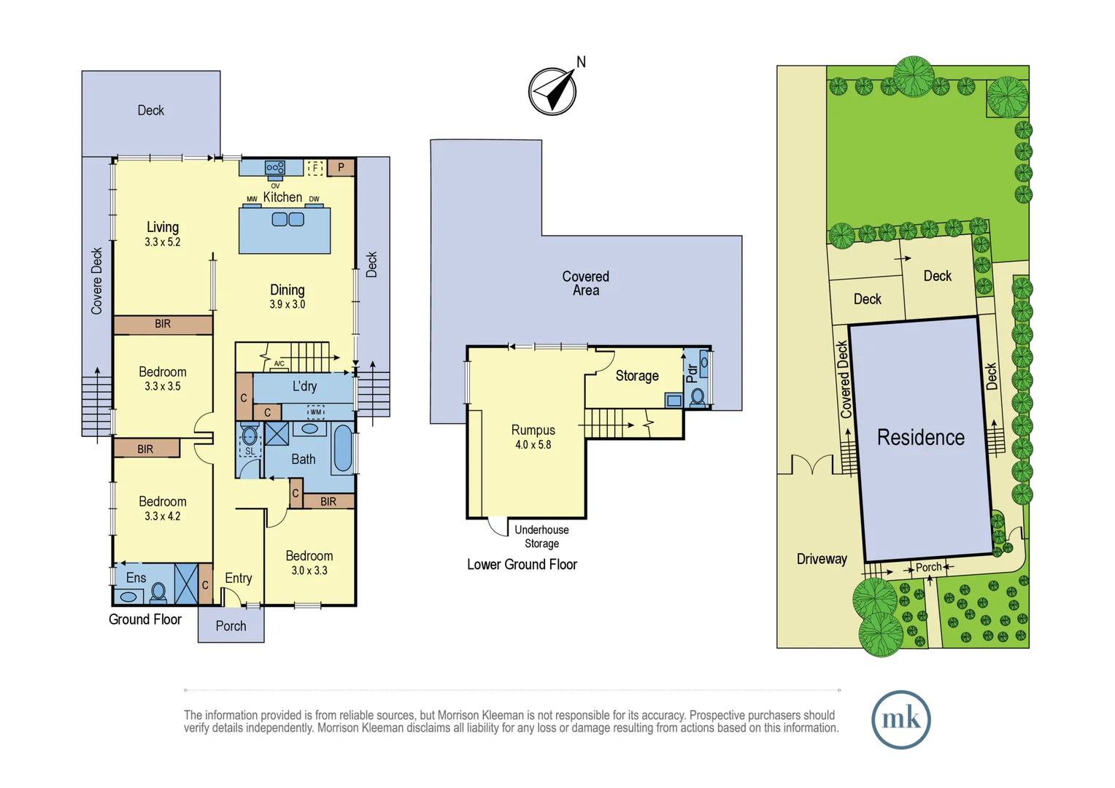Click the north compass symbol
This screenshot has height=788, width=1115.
(552, 91)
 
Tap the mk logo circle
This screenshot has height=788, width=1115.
(900, 719)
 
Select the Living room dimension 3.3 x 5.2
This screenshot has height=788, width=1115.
(162, 242)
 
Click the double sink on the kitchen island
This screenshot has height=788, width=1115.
(288, 220)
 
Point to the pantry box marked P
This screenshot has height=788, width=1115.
(341, 168)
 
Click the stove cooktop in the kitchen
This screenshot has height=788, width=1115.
(275, 168)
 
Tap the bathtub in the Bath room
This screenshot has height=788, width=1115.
(342, 448)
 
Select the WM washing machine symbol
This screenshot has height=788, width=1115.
(316, 412)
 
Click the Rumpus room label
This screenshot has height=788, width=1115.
(533, 430)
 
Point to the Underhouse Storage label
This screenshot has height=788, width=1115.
(541, 536)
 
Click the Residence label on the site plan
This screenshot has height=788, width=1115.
(920, 437)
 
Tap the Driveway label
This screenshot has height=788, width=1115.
(822, 559)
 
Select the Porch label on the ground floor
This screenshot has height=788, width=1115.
(231, 626)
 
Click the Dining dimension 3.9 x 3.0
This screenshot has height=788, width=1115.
(288, 304)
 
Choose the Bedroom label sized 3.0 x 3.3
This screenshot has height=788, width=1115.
(309, 556)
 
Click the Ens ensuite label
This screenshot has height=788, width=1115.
(136, 578)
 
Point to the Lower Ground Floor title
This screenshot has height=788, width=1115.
(522, 564)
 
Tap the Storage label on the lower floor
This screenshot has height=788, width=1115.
(636, 376)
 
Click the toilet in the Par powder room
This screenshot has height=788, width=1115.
(698, 397)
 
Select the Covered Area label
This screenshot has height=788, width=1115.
(585, 283)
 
